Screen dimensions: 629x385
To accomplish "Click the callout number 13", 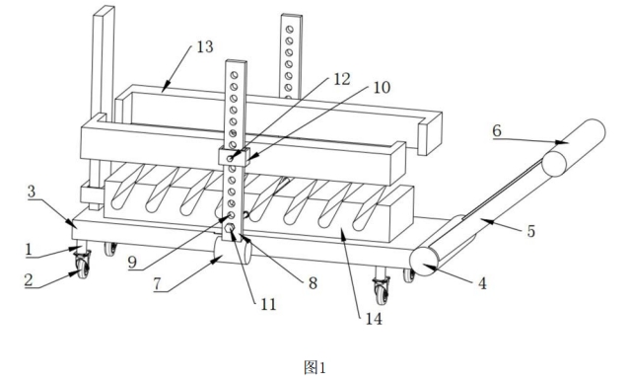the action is click(205, 46).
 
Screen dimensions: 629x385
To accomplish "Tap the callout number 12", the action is click(342, 79).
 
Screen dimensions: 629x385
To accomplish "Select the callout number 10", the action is click(382, 87).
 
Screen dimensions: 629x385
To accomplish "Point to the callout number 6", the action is click(497, 130).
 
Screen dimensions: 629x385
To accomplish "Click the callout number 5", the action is click(530, 231).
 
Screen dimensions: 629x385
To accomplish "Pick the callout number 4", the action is click(482, 283).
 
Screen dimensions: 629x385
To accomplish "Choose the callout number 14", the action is click(374, 319).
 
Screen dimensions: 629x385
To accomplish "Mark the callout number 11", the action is click(268, 304).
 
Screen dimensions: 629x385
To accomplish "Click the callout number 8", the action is click(313, 283).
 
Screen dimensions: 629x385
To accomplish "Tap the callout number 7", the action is click(157, 283).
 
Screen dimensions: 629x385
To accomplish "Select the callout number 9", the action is click(132, 263).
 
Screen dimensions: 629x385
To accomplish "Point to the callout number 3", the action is click(32, 192).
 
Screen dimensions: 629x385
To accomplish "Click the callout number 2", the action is click(28, 279).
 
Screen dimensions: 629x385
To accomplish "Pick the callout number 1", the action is click(28, 250).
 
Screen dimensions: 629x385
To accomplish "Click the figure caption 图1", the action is click(314, 367).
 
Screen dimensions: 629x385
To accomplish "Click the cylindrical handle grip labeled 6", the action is click(573, 148).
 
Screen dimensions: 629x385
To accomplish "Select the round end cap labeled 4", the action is click(424, 262).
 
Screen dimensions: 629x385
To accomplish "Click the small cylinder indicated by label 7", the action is click(232, 250).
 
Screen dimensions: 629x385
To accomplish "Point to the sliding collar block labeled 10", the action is click(234, 156).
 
